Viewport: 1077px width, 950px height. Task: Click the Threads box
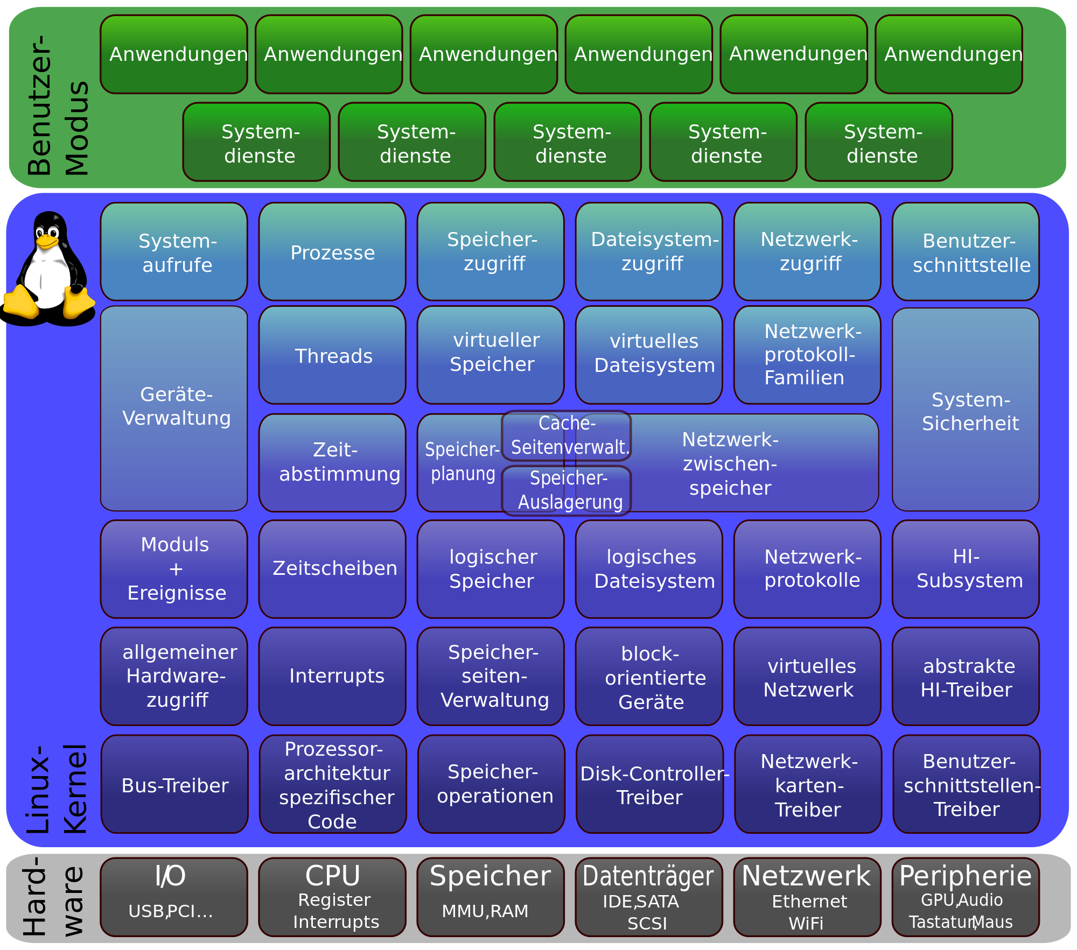coord(332,355)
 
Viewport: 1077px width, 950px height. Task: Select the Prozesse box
coord(332,252)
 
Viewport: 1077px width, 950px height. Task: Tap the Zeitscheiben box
coord(332,568)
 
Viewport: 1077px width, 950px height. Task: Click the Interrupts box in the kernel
coord(332,676)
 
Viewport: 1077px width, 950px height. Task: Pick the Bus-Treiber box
coord(174,785)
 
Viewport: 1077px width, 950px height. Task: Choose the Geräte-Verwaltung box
coord(174,408)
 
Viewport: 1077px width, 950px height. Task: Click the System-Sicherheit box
coord(966,410)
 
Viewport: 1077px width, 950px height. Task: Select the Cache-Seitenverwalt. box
coord(567,435)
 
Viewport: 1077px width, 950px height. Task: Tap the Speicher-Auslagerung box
coord(567,490)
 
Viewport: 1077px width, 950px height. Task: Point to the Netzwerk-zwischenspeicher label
coord(730,463)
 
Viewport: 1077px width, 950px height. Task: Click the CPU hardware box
coord(332,897)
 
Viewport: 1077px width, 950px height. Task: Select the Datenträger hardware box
coord(648,897)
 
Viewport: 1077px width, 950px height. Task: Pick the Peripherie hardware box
coord(966,897)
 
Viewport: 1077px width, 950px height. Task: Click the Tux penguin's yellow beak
coord(47,242)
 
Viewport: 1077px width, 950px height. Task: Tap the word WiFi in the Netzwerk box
coord(806,924)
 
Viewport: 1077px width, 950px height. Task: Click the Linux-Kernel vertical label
coord(57,789)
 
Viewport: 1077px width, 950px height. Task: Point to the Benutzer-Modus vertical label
coord(57,105)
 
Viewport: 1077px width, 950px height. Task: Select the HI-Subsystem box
coord(966,568)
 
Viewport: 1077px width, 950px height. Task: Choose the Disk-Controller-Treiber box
coord(649,785)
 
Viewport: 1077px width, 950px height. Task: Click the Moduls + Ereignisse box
coord(174,568)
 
